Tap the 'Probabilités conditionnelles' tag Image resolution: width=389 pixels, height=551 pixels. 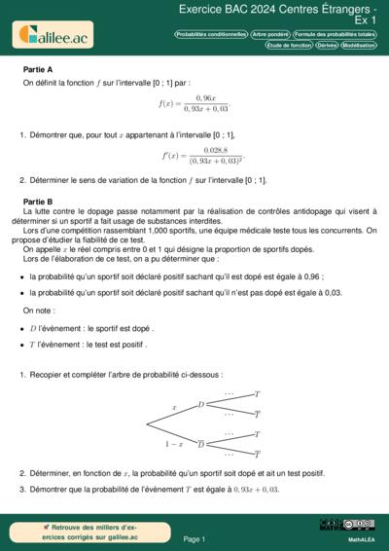tap(209, 33)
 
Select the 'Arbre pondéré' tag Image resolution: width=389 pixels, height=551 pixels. tap(270, 33)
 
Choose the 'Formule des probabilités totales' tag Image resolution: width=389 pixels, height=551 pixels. tap(335, 33)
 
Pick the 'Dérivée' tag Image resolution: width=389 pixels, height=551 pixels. tap(328, 45)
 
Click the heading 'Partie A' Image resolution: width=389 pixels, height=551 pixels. tap(37, 70)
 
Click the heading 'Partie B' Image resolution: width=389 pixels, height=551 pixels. tap(37, 200)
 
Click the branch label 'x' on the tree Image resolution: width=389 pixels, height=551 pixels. tap(174, 407)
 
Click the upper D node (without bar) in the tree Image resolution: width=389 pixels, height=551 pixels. tap(201, 404)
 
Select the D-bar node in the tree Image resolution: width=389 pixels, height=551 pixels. tap(201, 444)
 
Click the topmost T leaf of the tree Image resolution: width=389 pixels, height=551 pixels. tap(257, 394)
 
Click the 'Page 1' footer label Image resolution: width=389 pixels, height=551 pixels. tap(194, 538)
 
